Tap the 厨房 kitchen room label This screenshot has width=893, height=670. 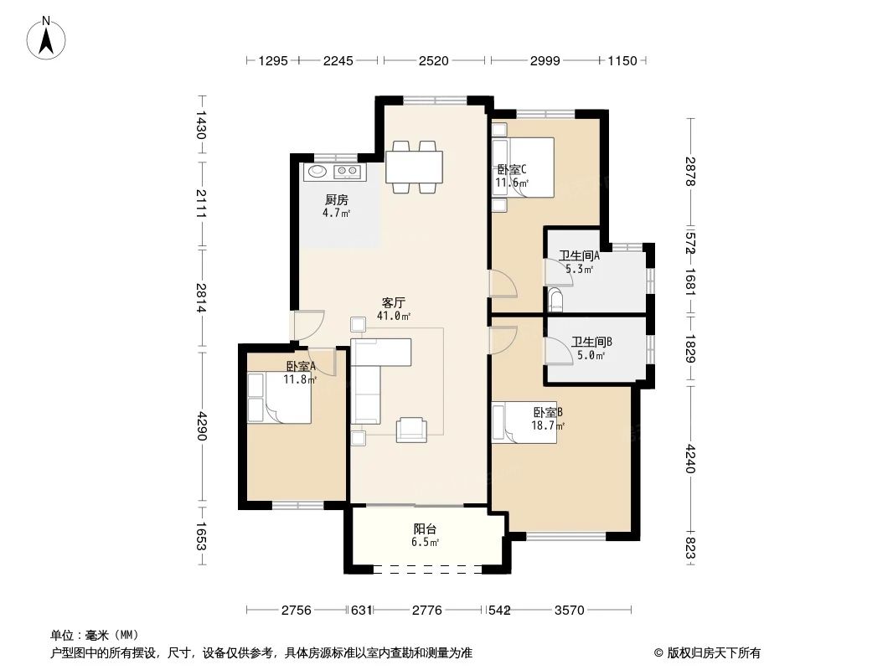pyautogui.click(x=337, y=200)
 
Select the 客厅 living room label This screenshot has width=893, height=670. pyautogui.click(x=394, y=302)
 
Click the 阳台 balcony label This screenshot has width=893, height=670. pyautogui.click(x=425, y=529)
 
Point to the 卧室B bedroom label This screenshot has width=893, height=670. pyautogui.click(x=548, y=412)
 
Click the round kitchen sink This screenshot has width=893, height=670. pyautogui.click(x=317, y=172)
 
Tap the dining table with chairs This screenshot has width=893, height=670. pyautogui.click(x=415, y=167)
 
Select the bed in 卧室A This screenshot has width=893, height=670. pyautogui.click(x=280, y=398)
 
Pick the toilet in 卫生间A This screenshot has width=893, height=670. pyautogui.click(x=557, y=299)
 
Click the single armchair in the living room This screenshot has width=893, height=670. pyautogui.click(x=411, y=428)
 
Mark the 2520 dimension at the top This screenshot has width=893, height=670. pyautogui.click(x=434, y=60)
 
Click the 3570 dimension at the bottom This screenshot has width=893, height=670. pyautogui.click(x=569, y=611)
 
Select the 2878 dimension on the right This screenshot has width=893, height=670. pyautogui.click(x=689, y=172)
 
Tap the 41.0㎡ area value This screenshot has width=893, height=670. pyautogui.click(x=394, y=316)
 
